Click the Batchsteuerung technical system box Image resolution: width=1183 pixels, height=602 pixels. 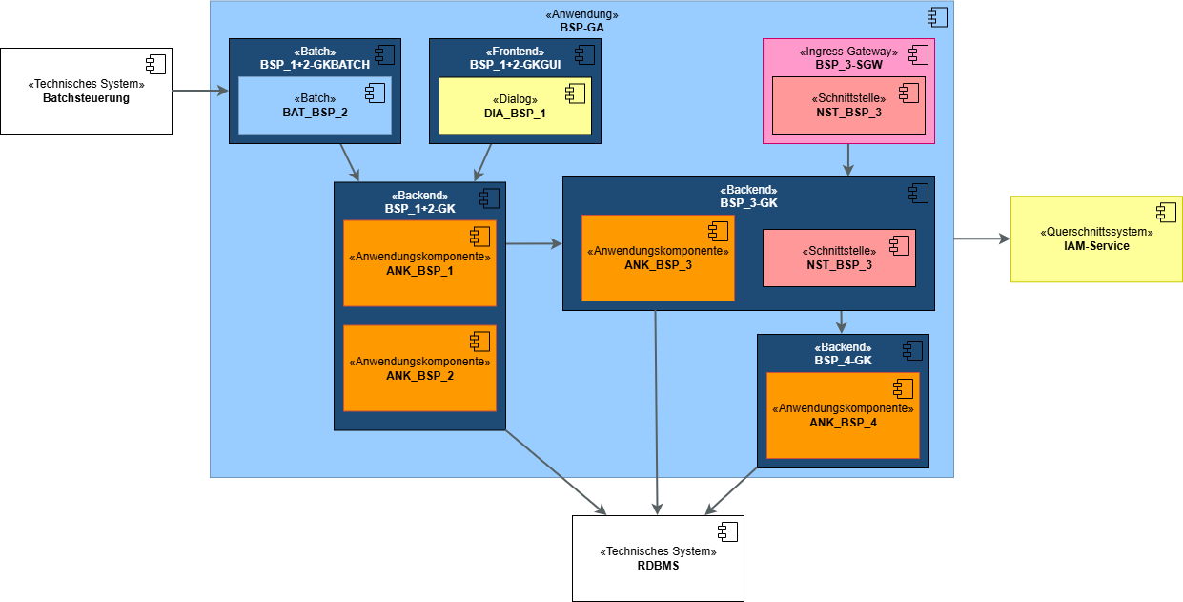[86, 92]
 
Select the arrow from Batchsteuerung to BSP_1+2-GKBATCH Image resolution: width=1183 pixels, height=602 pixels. [200, 91]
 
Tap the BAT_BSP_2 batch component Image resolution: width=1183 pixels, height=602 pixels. [315, 105]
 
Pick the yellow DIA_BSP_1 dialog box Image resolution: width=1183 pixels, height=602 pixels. [515, 105]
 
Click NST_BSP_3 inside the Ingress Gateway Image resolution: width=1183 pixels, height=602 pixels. [848, 105]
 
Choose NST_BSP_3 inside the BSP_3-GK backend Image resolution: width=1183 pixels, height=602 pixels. [839, 258]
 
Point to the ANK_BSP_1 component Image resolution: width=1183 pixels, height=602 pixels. [419, 263]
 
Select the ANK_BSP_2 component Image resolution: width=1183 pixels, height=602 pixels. [419, 368]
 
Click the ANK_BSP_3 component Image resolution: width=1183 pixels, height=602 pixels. [658, 258]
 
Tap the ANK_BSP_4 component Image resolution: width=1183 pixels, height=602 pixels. [843, 415]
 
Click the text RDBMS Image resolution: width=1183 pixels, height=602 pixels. [658, 565]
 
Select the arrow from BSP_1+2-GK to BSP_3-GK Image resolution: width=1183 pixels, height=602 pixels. [534, 244]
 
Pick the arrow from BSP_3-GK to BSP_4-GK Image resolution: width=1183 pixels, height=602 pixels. [842, 322]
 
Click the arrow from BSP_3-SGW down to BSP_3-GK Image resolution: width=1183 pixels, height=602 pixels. [848, 160]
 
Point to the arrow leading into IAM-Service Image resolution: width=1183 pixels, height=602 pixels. [982, 239]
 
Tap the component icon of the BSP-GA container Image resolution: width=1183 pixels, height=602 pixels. [937, 16]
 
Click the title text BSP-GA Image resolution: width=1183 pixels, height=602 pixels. [581, 28]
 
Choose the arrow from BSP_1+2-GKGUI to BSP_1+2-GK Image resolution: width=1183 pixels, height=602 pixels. [483, 162]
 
